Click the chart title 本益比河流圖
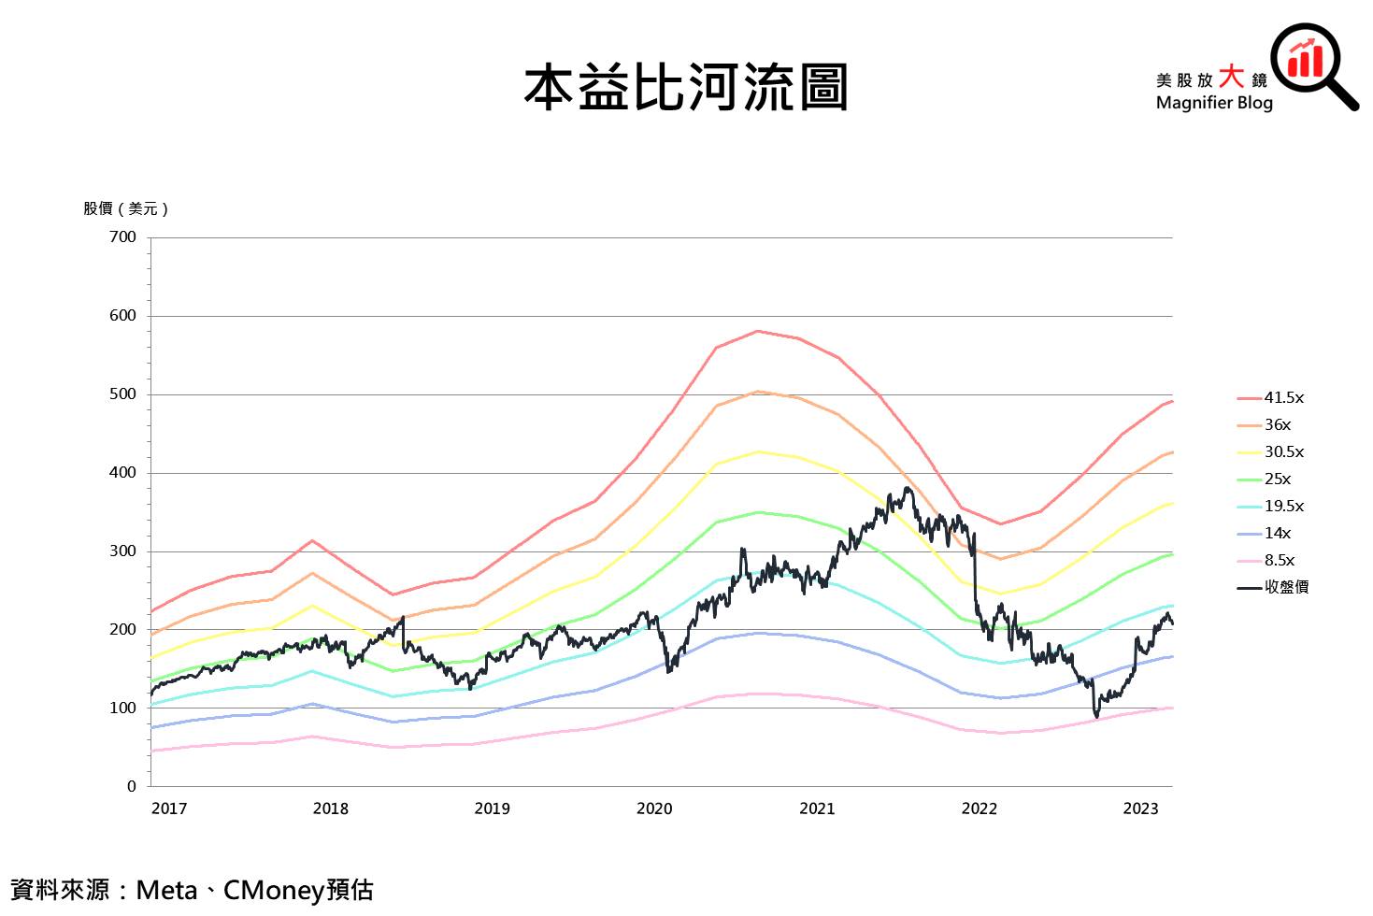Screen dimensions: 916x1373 pyautogui.click(x=685, y=88)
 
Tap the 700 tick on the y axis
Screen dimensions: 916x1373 pyautogui.click(x=122, y=237)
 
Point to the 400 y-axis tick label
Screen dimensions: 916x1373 pyautogui.click(x=122, y=473)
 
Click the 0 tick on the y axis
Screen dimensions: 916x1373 pyautogui.click(x=132, y=787)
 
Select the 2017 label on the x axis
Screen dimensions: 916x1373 pyautogui.click(x=169, y=809)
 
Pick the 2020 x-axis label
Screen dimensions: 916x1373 pyautogui.click(x=654, y=809)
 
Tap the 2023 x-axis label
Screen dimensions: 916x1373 pyautogui.click(x=1140, y=809)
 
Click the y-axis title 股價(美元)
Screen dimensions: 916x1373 pyautogui.click(x=125, y=208)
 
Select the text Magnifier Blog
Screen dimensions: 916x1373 pyautogui.click(x=1214, y=103)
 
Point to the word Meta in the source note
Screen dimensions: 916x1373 pyautogui.click(x=166, y=890)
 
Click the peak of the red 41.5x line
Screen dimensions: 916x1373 pyautogui.click(x=757, y=331)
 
